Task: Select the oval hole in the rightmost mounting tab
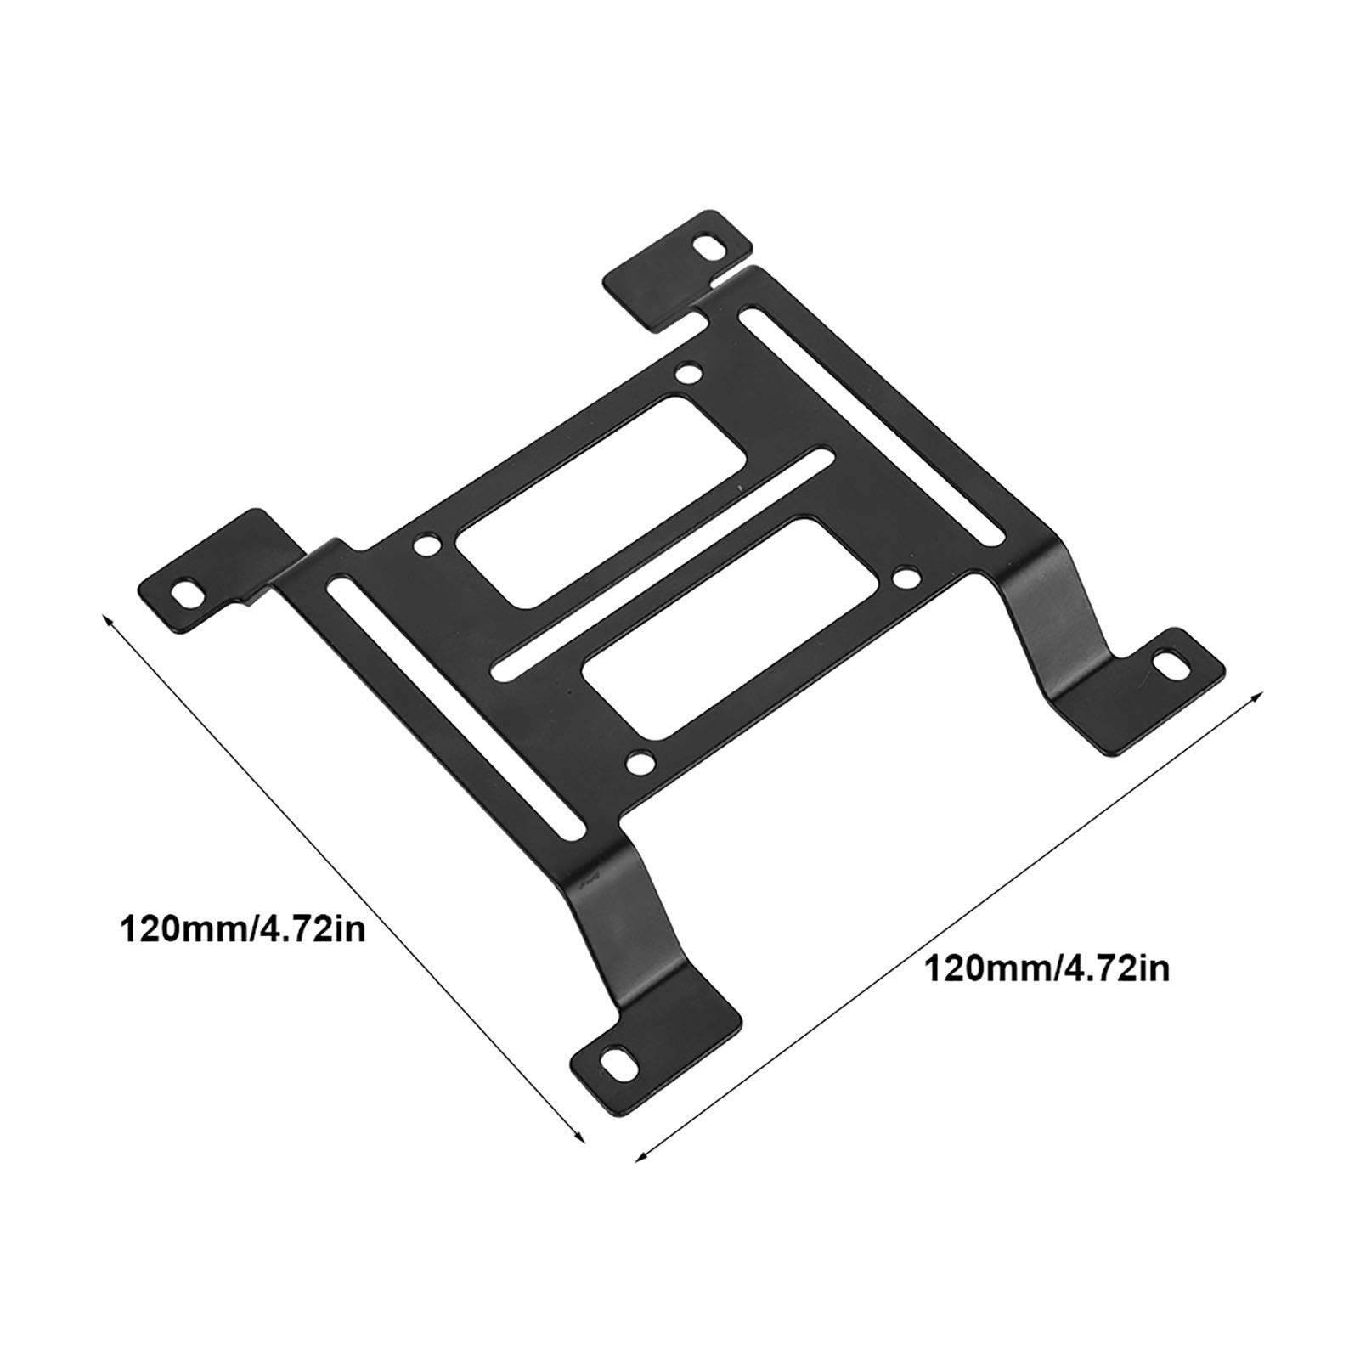(1177, 665)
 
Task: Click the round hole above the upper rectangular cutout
(690, 373)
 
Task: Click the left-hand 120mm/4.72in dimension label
(244, 927)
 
